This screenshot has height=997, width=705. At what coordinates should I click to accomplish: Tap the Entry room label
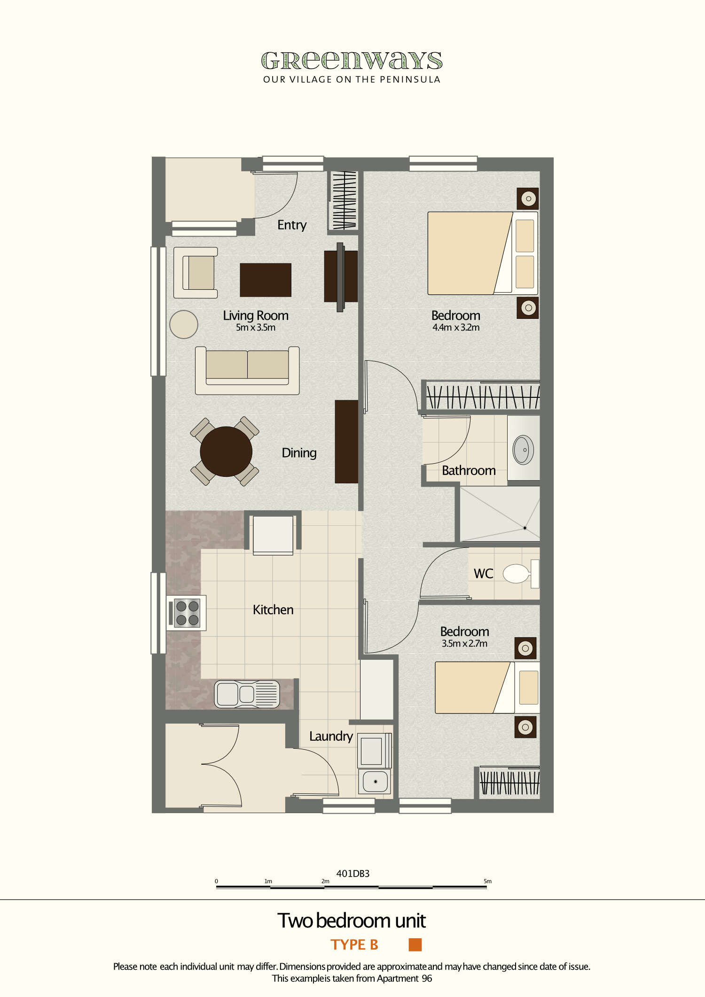[x=292, y=225]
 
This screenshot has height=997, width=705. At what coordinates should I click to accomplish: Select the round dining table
[x=226, y=451]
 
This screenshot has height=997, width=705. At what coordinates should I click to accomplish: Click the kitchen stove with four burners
[x=187, y=613]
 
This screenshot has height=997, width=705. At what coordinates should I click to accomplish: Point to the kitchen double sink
[x=247, y=694]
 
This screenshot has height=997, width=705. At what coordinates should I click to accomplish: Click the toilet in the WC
[x=517, y=574]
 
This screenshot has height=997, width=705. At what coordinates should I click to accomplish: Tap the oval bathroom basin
[x=523, y=450]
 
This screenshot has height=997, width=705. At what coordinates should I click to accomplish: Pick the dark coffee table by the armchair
[x=266, y=280]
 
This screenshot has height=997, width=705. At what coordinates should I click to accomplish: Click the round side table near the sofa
[x=183, y=324]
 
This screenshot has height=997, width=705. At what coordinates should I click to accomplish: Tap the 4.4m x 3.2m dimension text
[x=456, y=328]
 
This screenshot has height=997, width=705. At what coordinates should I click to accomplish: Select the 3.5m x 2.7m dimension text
[x=464, y=644]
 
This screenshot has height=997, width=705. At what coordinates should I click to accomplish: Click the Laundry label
[x=331, y=736]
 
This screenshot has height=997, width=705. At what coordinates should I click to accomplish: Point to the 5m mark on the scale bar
[x=487, y=881]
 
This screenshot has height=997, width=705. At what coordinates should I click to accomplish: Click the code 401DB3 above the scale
[x=353, y=874]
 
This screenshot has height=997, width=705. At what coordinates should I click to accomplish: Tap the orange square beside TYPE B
[x=415, y=945]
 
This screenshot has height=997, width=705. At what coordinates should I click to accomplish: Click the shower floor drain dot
[x=525, y=528]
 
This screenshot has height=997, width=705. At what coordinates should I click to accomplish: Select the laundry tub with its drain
[x=375, y=782]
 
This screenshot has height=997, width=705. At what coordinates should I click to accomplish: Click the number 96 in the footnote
[x=427, y=979]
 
